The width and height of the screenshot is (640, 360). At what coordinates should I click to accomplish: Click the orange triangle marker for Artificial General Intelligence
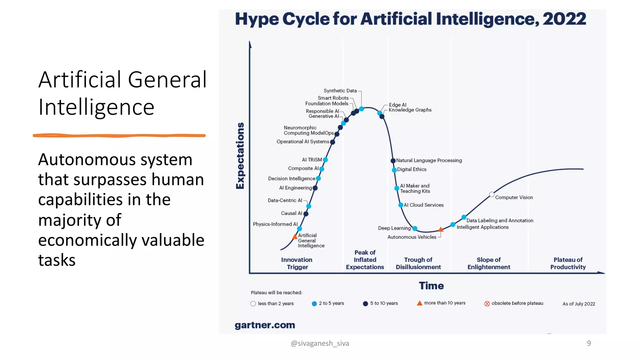(x=295, y=237)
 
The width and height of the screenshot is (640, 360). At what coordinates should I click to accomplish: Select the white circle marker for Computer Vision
(x=492, y=194)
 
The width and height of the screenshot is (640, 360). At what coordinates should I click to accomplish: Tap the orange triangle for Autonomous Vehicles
(x=441, y=230)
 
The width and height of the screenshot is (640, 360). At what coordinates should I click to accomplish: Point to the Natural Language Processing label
(x=429, y=160)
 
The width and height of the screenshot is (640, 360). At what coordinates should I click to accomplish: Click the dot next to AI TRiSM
(x=325, y=160)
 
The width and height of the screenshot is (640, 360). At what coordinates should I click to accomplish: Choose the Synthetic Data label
(x=340, y=91)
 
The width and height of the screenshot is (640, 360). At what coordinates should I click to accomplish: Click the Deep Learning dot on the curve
(x=415, y=228)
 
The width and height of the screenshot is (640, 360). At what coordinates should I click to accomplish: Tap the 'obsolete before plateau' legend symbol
(x=487, y=303)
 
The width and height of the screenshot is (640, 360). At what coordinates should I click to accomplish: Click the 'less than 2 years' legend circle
(x=253, y=304)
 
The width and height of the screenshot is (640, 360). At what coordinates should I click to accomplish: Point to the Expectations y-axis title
(x=240, y=156)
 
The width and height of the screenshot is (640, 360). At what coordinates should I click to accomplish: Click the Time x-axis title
(x=431, y=286)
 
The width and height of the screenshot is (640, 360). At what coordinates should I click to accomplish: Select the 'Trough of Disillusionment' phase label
(x=418, y=263)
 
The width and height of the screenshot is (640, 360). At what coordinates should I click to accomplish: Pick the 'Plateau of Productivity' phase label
(x=568, y=263)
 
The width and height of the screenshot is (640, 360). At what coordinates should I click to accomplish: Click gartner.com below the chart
(x=265, y=325)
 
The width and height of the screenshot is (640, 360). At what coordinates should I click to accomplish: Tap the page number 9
(x=589, y=343)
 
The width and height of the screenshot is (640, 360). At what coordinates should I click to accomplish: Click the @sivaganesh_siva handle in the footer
(x=320, y=343)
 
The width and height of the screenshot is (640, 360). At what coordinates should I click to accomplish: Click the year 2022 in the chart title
(x=564, y=19)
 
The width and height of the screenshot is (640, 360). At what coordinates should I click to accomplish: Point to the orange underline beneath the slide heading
(x=119, y=135)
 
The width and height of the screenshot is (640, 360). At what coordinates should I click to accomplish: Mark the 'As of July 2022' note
(x=578, y=304)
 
